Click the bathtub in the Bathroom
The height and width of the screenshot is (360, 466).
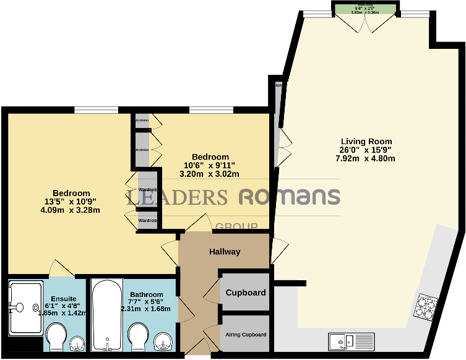(x=108, y=315)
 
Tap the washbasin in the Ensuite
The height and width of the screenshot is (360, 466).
(x=77, y=343)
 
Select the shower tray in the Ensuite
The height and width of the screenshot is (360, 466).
(x=25, y=306)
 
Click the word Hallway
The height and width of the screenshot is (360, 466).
(x=224, y=252)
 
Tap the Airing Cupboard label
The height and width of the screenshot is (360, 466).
(x=245, y=335)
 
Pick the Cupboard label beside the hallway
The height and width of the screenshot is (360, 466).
(x=245, y=293)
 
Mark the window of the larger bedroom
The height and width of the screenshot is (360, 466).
(x=95, y=111)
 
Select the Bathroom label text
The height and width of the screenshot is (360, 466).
(x=147, y=294)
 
